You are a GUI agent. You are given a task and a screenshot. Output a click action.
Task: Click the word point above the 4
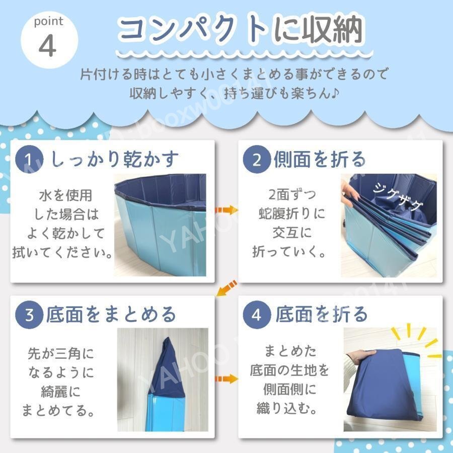tap(49, 22)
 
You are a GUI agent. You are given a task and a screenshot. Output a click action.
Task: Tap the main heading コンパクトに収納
tap(239, 30)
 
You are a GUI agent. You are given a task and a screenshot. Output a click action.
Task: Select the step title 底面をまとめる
tap(111, 315)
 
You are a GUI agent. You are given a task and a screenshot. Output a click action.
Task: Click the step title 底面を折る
tap(322, 315)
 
